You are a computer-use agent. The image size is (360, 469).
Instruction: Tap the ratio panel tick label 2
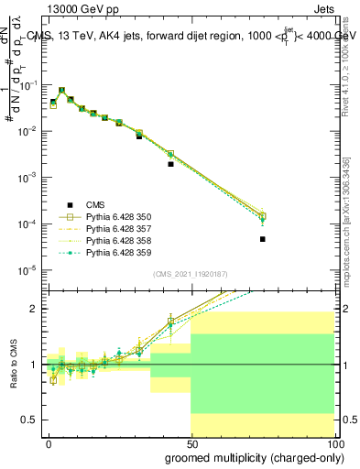35,309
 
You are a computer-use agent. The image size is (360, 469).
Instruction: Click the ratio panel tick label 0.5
31,420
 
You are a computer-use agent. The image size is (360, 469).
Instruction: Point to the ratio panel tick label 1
35,365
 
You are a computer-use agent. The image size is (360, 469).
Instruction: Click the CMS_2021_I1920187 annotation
190,273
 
